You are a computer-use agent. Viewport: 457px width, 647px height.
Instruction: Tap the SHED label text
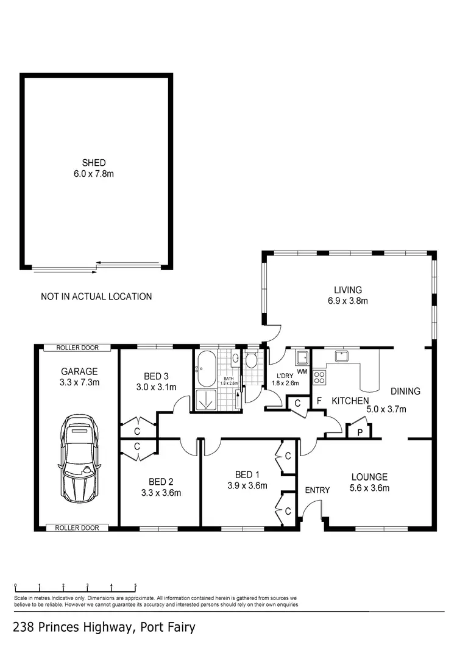coord(94,163)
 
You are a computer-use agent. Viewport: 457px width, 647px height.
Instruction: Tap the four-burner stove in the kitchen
coord(319,377)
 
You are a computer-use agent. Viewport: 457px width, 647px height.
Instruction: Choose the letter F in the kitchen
coord(318,401)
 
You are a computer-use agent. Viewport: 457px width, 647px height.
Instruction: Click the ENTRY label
coord(317,490)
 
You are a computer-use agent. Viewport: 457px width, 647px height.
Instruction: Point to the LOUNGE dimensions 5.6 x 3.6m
coord(370,487)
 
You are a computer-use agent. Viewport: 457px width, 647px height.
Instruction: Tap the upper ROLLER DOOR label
coord(77,348)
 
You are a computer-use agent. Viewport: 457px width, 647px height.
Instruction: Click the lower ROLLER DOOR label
coord(77,527)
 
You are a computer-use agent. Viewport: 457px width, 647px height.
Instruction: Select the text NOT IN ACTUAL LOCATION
coord(96,297)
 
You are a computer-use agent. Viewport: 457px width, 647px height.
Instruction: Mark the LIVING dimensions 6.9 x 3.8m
coord(348,301)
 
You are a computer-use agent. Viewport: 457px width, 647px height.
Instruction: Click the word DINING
coord(405,391)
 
